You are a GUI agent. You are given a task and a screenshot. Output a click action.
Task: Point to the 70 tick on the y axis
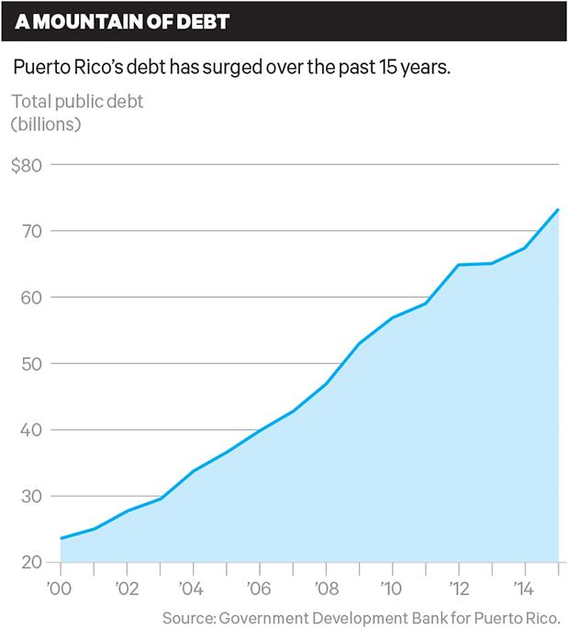pyautogui.click(x=31, y=232)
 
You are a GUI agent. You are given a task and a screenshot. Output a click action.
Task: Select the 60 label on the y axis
pyautogui.click(x=31, y=298)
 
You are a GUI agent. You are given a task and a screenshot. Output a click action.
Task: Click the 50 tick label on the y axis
pyautogui.click(x=31, y=364)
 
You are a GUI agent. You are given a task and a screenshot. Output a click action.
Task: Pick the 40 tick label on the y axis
pyautogui.click(x=31, y=430)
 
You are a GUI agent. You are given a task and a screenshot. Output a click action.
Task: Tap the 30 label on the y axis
pyautogui.click(x=31, y=496)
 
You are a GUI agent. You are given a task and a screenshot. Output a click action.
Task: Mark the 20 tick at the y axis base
pyautogui.click(x=31, y=562)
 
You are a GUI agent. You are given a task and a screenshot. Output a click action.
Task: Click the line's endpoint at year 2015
pyautogui.click(x=559, y=209)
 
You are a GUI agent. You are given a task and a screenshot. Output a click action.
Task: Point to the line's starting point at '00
pyautogui.click(x=61, y=538)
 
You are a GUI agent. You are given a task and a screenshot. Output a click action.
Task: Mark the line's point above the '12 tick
pyautogui.click(x=459, y=265)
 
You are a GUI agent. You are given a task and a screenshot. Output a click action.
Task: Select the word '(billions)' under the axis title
pyautogui.click(x=47, y=123)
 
